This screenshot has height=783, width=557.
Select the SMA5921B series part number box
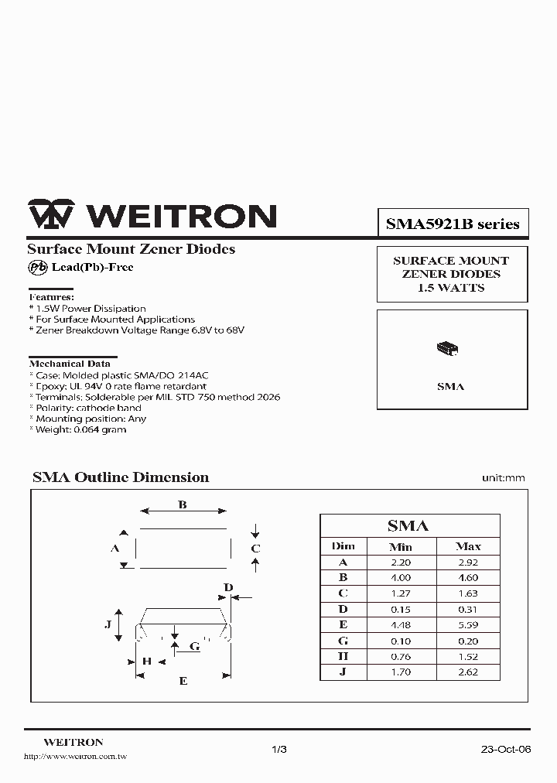pos(453,224)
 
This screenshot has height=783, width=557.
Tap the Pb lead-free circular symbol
pos(37,267)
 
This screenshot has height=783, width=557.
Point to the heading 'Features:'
pos(52,297)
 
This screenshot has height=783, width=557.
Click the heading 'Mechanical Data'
pos(70,363)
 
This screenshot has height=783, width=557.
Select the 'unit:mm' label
pos(503,478)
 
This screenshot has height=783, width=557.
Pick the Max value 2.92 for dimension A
pos(468,562)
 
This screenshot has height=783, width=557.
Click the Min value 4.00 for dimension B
pos(400,577)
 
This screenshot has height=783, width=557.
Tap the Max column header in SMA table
pos(468,546)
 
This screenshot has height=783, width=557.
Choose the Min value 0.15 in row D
pos(400,609)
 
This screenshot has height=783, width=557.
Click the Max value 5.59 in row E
pos(468,624)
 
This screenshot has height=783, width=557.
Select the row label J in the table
pos(343,672)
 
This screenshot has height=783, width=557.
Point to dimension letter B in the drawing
pos(183,505)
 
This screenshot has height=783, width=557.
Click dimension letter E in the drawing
pos(183,681)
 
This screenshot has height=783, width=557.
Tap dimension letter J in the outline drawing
pos(108,624)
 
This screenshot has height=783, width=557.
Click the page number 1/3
pos(279,750)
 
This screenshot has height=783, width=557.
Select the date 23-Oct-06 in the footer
pos(506,750)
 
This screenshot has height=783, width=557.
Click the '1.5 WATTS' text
pos(451,288)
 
